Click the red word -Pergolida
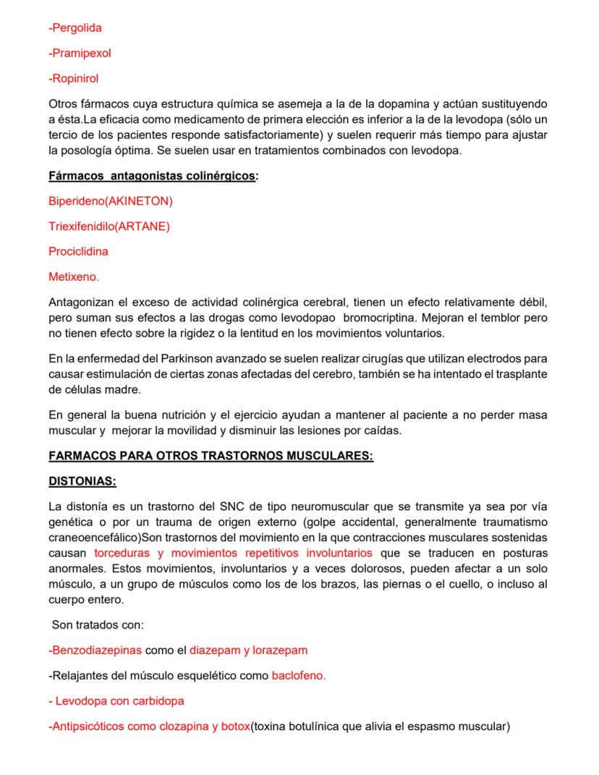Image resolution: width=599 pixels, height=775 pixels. click(75, 28)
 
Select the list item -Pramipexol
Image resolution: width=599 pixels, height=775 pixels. click(80, 54)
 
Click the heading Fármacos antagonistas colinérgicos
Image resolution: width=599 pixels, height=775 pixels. click(152, 177)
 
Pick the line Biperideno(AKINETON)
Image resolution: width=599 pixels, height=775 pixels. click(110, 201)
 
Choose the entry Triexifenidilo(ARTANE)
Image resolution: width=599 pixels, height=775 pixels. click(109, 226)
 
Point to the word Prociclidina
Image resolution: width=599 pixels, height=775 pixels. click(78, 252)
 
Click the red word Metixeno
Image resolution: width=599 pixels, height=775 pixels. click(73, 276)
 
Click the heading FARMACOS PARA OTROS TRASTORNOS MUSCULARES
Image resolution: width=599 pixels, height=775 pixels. click(211, 456)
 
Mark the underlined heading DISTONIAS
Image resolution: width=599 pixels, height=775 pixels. click(82, 480)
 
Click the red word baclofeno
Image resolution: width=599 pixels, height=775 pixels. click(298, 676)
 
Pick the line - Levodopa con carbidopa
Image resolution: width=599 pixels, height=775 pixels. click(116, 700)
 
